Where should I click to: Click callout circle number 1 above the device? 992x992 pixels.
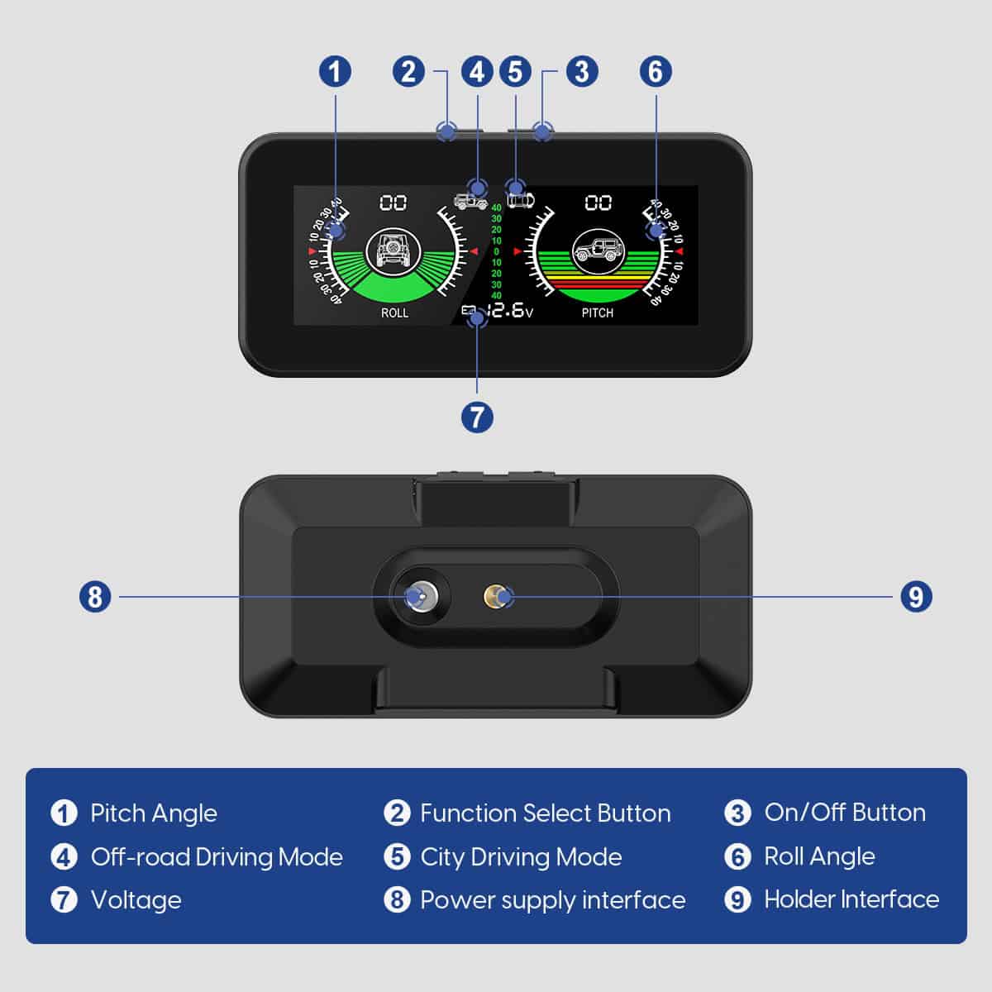pyautogui.click(x=335, y=71)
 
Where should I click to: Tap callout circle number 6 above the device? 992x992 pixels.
pyautogui.click(x=656, y=71)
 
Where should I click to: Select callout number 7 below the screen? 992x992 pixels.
pyautogui.click(x=477, y=416)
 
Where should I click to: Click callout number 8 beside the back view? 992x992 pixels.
pyautogui.click(x=95, y=596)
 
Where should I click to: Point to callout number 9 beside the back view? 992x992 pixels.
pyautogui.click(x=915, y=596)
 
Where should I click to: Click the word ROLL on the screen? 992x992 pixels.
pyautogui.click(x=394, y=313)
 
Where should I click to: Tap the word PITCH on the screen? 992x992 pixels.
pyautogui.click(x=597, y=313)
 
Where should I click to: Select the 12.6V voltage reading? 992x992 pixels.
pyautogui.click(x=508, y=311)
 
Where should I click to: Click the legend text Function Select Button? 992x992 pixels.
pyautogui.click(x=545, y=813)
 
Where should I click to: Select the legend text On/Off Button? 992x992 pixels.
pyautogui.click(x=844, y=813)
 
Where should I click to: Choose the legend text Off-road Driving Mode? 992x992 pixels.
pyautogui.click(x=217, y=857)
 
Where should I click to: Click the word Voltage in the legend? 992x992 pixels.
pyautogui.click(x=136, y=900)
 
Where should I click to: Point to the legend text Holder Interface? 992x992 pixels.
pyautogui.click(x=851, y=899)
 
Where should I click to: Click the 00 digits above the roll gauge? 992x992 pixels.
pyautogui.click(x=393, y=203)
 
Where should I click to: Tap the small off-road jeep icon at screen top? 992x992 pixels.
pyautogui.click(x=470, y=201)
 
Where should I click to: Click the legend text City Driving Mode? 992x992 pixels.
pyautogui.click(x=521, y=857)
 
